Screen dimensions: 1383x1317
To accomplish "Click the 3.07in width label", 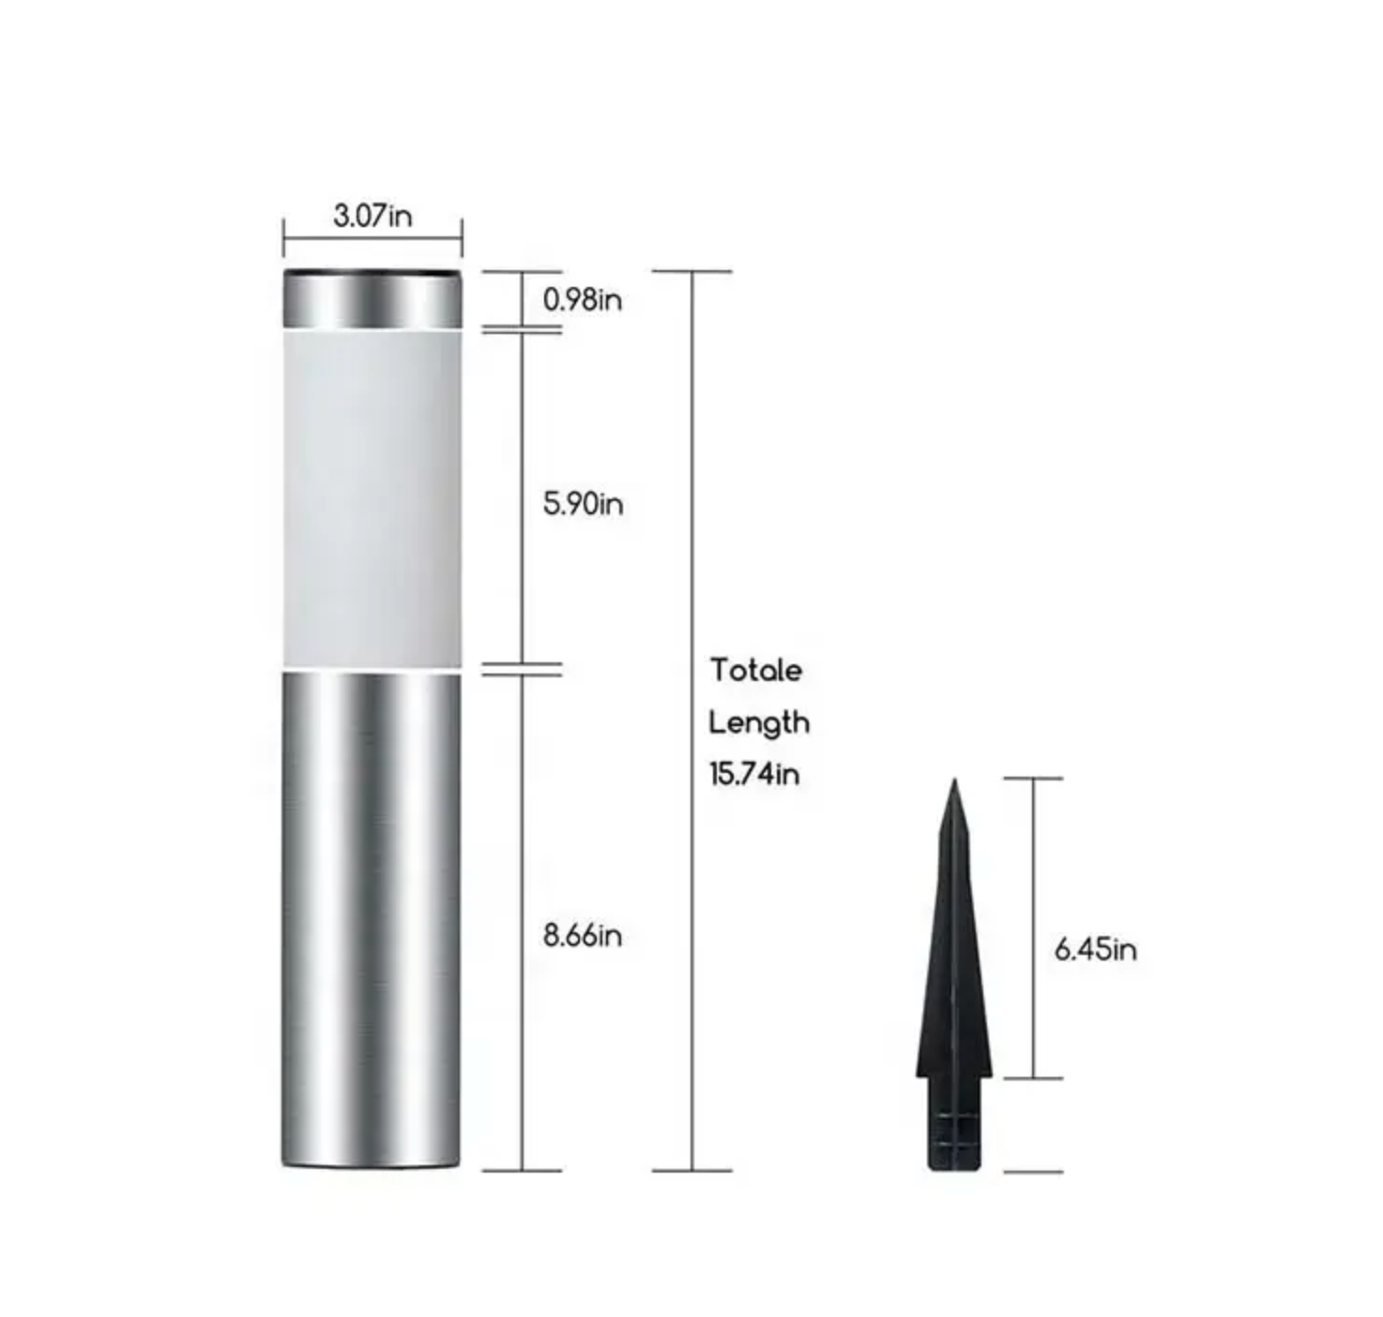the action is click(372, 216).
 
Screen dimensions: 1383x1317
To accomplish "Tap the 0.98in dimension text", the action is click(583, 300).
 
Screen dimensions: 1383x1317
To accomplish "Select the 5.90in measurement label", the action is click(584, 505).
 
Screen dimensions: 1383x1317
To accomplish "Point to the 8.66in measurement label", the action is click(583, 936).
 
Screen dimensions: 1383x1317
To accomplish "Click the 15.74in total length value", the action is click(754, 775).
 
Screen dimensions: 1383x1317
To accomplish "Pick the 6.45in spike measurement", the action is click(1095, 949).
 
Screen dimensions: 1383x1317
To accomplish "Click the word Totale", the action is click(756, 670).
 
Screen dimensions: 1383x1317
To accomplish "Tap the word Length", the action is click(758, 723).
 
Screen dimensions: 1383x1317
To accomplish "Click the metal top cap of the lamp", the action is click(372, 300).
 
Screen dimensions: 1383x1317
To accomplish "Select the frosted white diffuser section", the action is click(372, 498).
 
